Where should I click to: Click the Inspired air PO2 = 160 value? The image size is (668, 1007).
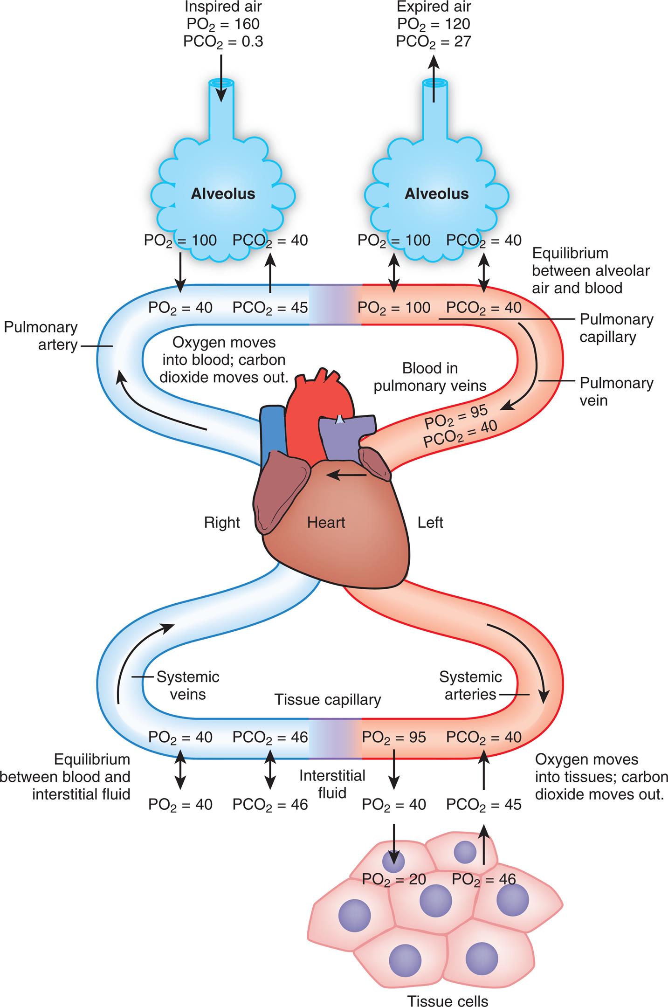pyautogui.click(x=223, y=24)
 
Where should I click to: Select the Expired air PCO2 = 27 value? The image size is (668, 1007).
pyautogui.click(x=434, y=41)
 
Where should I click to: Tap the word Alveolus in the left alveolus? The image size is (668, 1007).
pyautogui.click(x=223, y=194)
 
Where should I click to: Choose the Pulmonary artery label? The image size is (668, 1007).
pyautogui.click(x=41, y=336)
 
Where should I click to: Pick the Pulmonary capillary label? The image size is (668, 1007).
pyautogui.click(x=616, y=328)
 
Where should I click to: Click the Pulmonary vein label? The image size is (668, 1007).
pyautogui.click(x=616, y=392)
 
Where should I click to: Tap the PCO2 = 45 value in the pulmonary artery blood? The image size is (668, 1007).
pyautogui.click(x=270, y=308)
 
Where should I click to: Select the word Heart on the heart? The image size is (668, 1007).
pyautogui.click(x=326, y=523)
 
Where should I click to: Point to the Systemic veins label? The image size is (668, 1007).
pyautogui.click(x=188, y=685)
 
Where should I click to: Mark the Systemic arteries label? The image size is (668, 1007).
pyautogui.click(x=470, y=685)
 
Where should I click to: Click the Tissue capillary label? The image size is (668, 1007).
pyautogui.click(x=328, y=700)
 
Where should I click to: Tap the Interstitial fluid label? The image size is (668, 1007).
pyautogui.click(x=332, y=784)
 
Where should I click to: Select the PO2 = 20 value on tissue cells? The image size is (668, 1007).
pyautogui.click(x=394, y=879)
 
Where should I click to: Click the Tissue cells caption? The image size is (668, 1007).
pyautogui.click(x=448, y=998)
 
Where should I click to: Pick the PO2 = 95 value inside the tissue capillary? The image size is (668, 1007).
pyautogui.click(x=394, y=737)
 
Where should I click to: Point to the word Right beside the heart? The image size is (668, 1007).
pyautogui.click(x=222, y=523)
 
